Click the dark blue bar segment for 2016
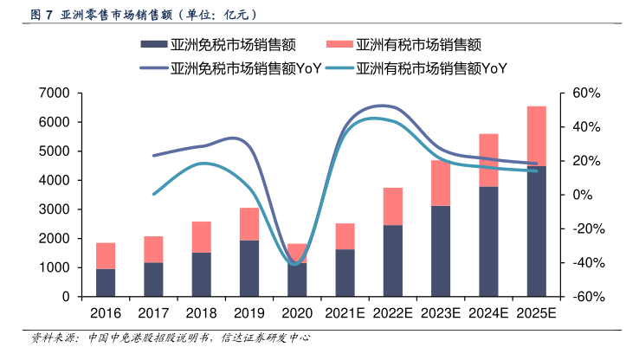(x=105, y=283)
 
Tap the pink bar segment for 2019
(x=249, y=224)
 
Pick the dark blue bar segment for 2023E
(x=440, y=251)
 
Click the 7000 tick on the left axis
(x=55, y=93)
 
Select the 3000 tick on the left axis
(x=55, y=209)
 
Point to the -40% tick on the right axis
(x=578, y=262)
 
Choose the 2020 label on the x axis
(x=296, y=311)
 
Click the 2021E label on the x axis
(x=345, y=311)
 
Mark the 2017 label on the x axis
(x=152, y=311)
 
